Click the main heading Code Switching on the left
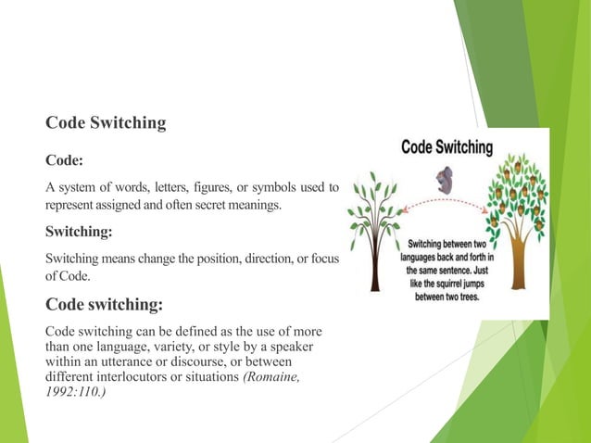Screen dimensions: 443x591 click(x=106, y=123)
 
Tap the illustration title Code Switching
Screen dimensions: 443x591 click(x=446, y=146)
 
